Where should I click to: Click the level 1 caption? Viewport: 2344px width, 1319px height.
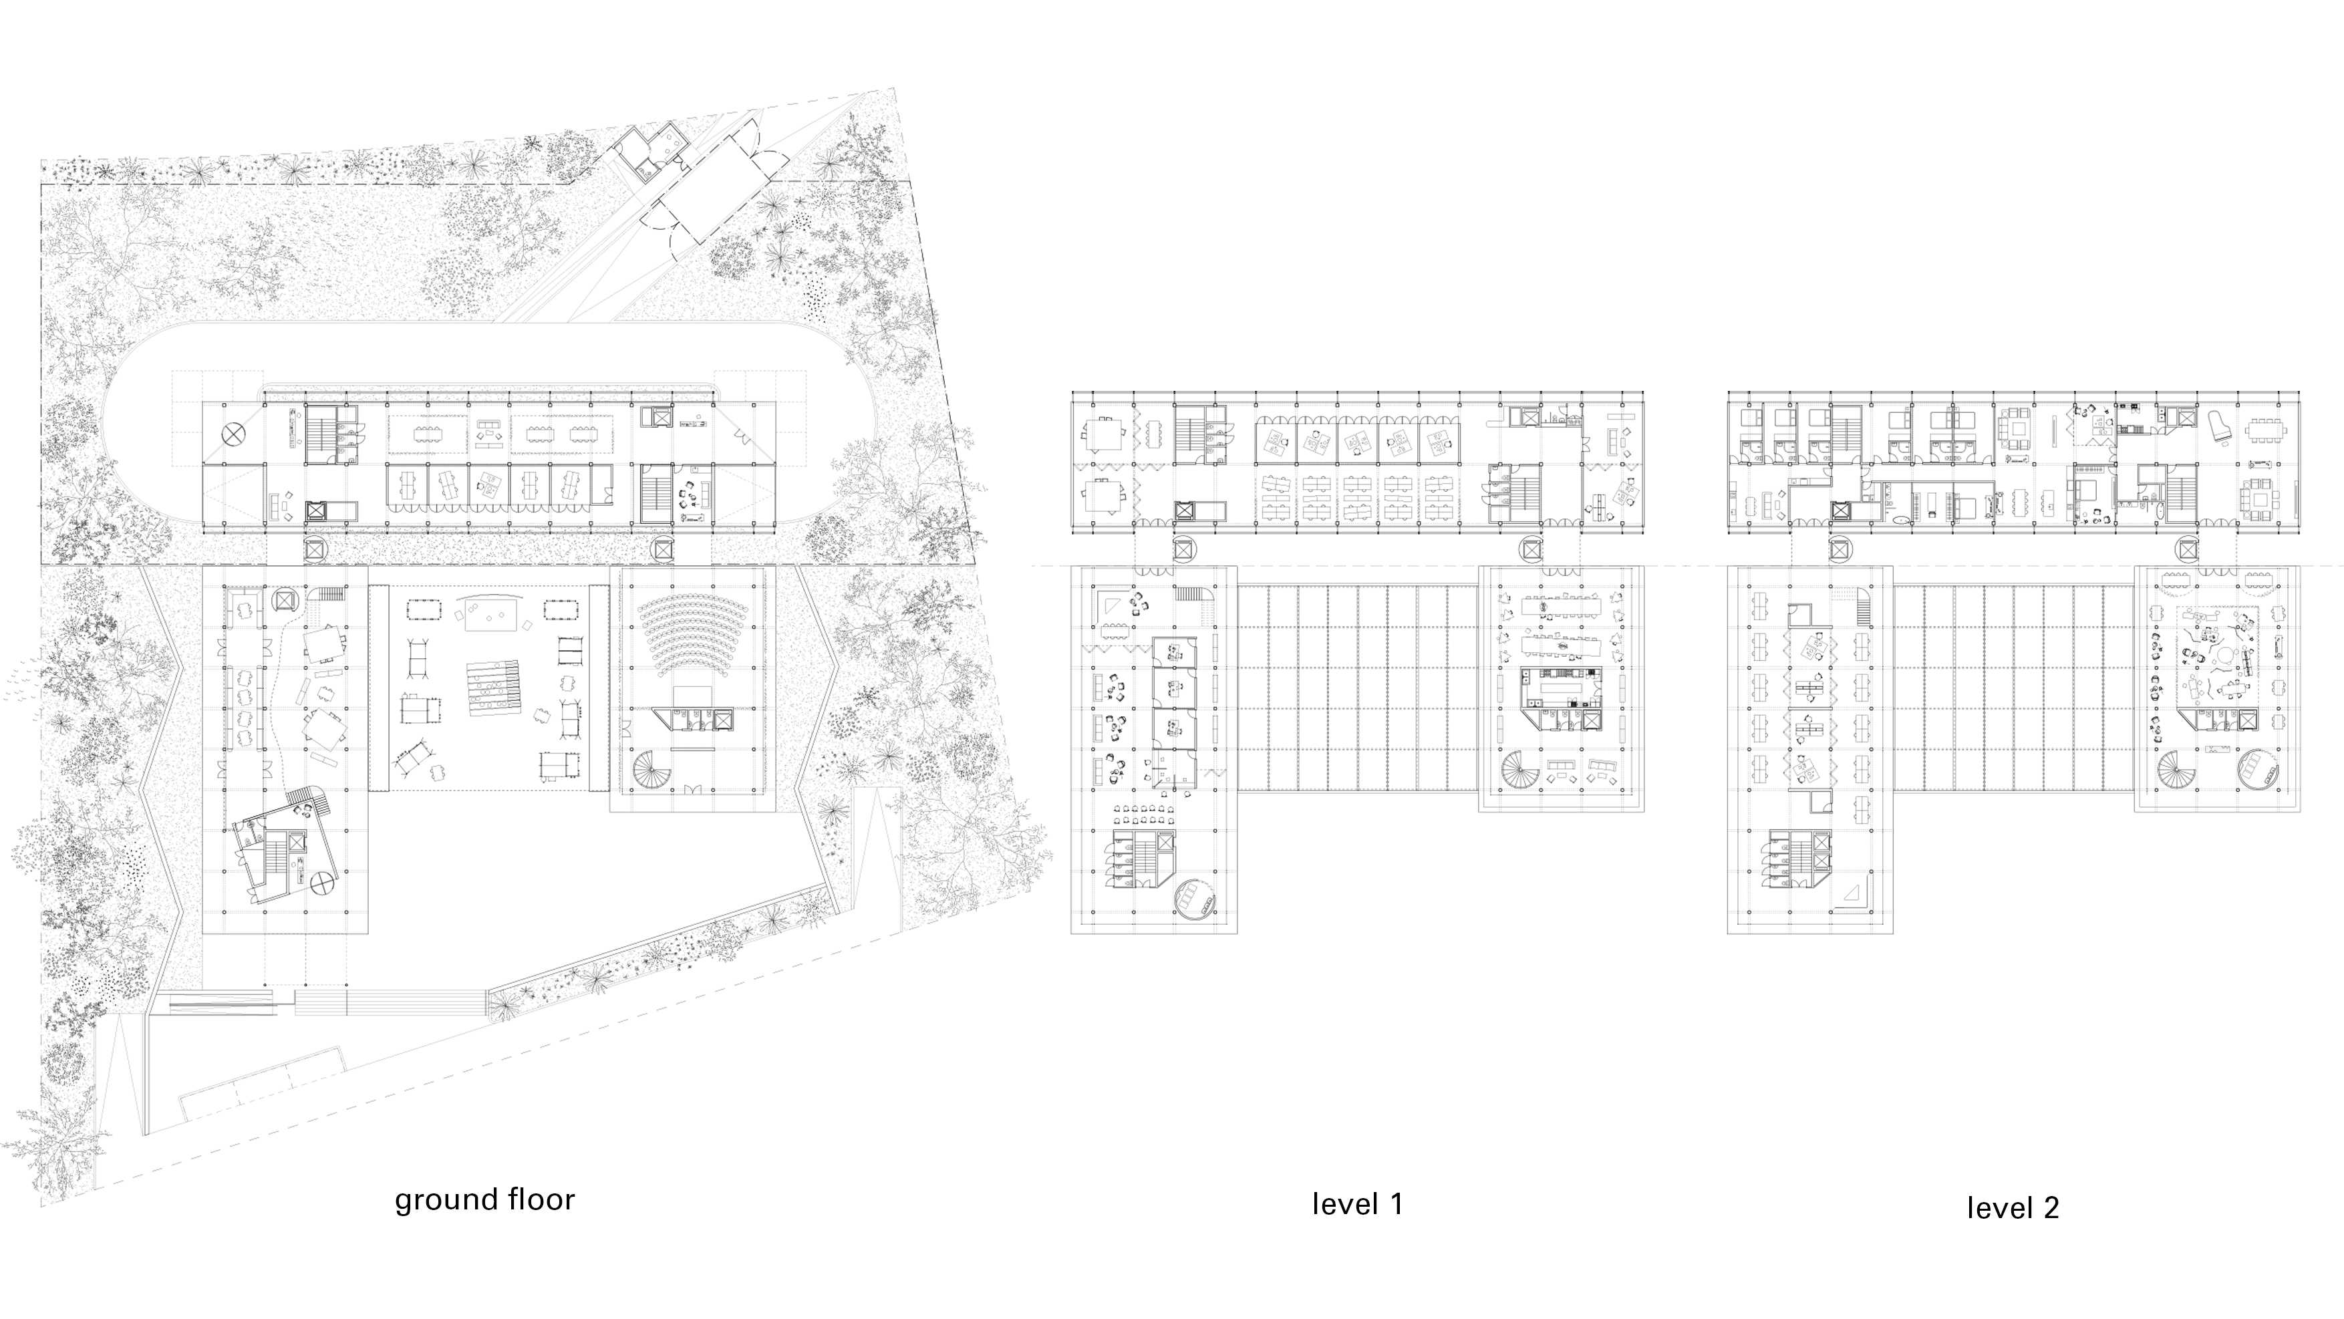click(1356, 1204)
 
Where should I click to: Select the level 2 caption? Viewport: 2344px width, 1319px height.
click(2012, 1208)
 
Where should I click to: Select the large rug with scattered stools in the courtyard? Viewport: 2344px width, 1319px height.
click(491, 614)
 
